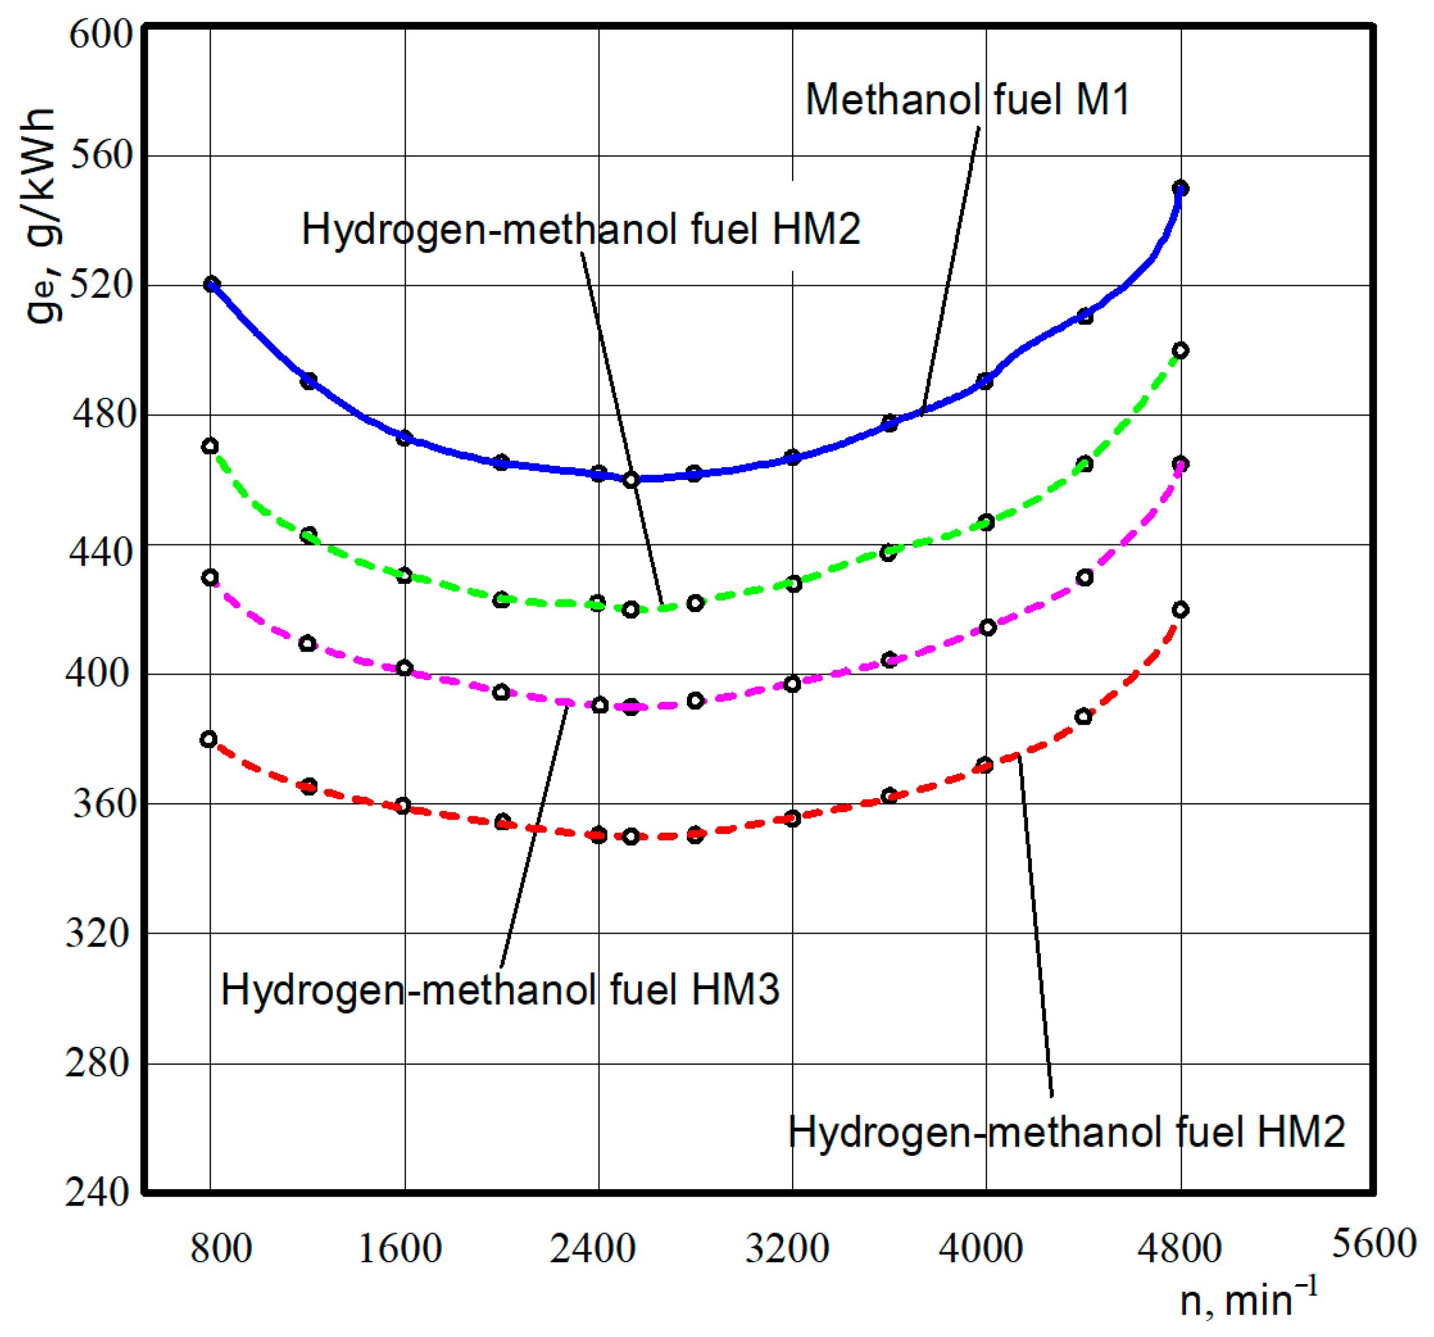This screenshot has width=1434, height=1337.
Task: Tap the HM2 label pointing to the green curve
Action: coord(580,229)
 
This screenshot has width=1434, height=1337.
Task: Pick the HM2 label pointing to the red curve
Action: coord(1066,1131)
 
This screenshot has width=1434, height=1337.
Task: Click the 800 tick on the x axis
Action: coord(221,1248)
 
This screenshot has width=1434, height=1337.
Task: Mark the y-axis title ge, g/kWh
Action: coord(41,217)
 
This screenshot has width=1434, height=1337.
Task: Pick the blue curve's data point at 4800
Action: coord(1180,189)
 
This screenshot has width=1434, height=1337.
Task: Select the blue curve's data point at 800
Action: coord(211,284)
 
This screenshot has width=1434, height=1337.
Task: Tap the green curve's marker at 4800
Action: coord(1180,350)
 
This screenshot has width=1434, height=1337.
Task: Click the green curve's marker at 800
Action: coord(210,446)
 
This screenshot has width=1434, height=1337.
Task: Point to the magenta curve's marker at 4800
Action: coord(1180,464)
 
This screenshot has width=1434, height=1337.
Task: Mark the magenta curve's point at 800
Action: coord(210,578)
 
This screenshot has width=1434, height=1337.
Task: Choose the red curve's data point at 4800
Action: coord(1180,610)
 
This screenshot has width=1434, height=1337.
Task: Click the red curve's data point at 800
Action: coord(209,739)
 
